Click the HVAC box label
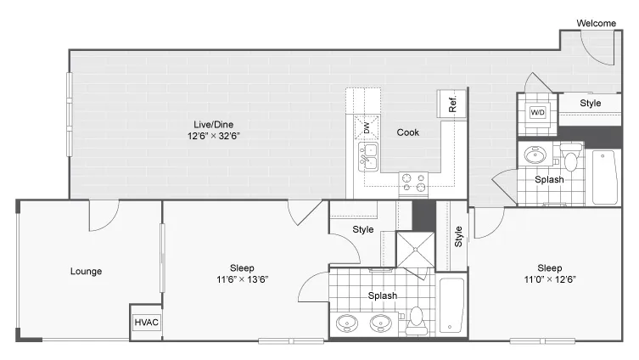pyautogui.click(x=146, y=322)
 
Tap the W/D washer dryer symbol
pyautogui.click(x=537, y=112)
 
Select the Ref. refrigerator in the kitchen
pyautogui.click(x=451, y=104)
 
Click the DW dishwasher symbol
pyautogui.click(x=367, y=127)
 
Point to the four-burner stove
pyautogui.click(x=413, y=183)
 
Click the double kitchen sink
pyautogui.click(x=368, y=157)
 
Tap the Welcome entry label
pyautogui.click(x=597, y=23)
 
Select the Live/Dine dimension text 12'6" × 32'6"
pyautogui.click(x=213, y=136)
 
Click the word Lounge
pyautogui.click(x=86, y=271)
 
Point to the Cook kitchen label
pyautogui.click(x=408, y=132)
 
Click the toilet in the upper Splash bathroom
pyautogui.click(x=571, y=156)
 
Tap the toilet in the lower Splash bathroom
pyautogui.click(x=417, y=321)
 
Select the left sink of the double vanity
pyautogui.click(x=347, y=323)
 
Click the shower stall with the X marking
pyautogui.click(x=416, y=250)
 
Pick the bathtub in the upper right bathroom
pyautogui.click(x=605, y=177)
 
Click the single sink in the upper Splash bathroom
pyautogui.click(x=535, y=155)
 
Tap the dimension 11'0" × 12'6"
pyautogui.click(x=550, y=279)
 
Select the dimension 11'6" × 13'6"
pyautogui.click(x=242, y=279)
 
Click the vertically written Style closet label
pyautogui.click(x=458, y=237)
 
